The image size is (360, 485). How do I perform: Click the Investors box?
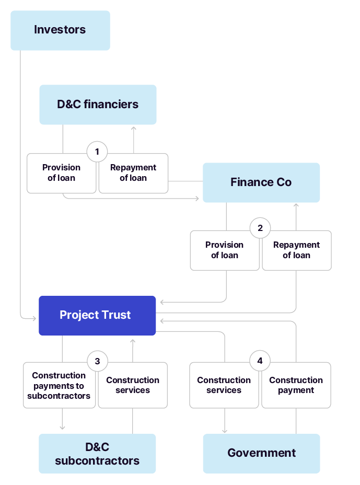(x=60, y=30)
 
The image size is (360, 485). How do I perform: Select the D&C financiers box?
(x=98, y=105)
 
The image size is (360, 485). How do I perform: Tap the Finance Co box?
(x=261, y=182)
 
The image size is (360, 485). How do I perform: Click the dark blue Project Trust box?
(x=97, y=315)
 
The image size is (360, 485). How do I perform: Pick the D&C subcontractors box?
(x=97, y=454)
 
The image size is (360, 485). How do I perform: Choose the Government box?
(x=261, y=453)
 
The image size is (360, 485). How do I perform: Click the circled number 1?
(x=97, y=152)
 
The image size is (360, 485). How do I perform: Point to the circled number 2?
(x=260, y=228)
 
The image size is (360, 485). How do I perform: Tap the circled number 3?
(x=97, y=361)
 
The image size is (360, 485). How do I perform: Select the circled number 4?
(x=260, y=361)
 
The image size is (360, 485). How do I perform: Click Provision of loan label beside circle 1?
(x=62, y=173)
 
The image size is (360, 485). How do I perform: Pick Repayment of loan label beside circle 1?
(x=133, y=173)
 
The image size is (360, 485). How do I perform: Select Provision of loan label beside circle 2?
(x=224, y=250)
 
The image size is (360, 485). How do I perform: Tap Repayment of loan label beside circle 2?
(x=296, y=250)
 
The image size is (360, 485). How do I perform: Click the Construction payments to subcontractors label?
(x=59, y=385)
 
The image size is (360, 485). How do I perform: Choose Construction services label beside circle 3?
(x=133, y=385)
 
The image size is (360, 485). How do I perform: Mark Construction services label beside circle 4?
(x=224, y=385)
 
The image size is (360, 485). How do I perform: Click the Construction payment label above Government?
(x=296, y=385)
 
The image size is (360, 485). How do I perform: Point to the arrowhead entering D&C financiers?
(x=133, y=128)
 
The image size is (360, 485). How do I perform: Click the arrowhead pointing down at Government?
(x=225, y=431)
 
